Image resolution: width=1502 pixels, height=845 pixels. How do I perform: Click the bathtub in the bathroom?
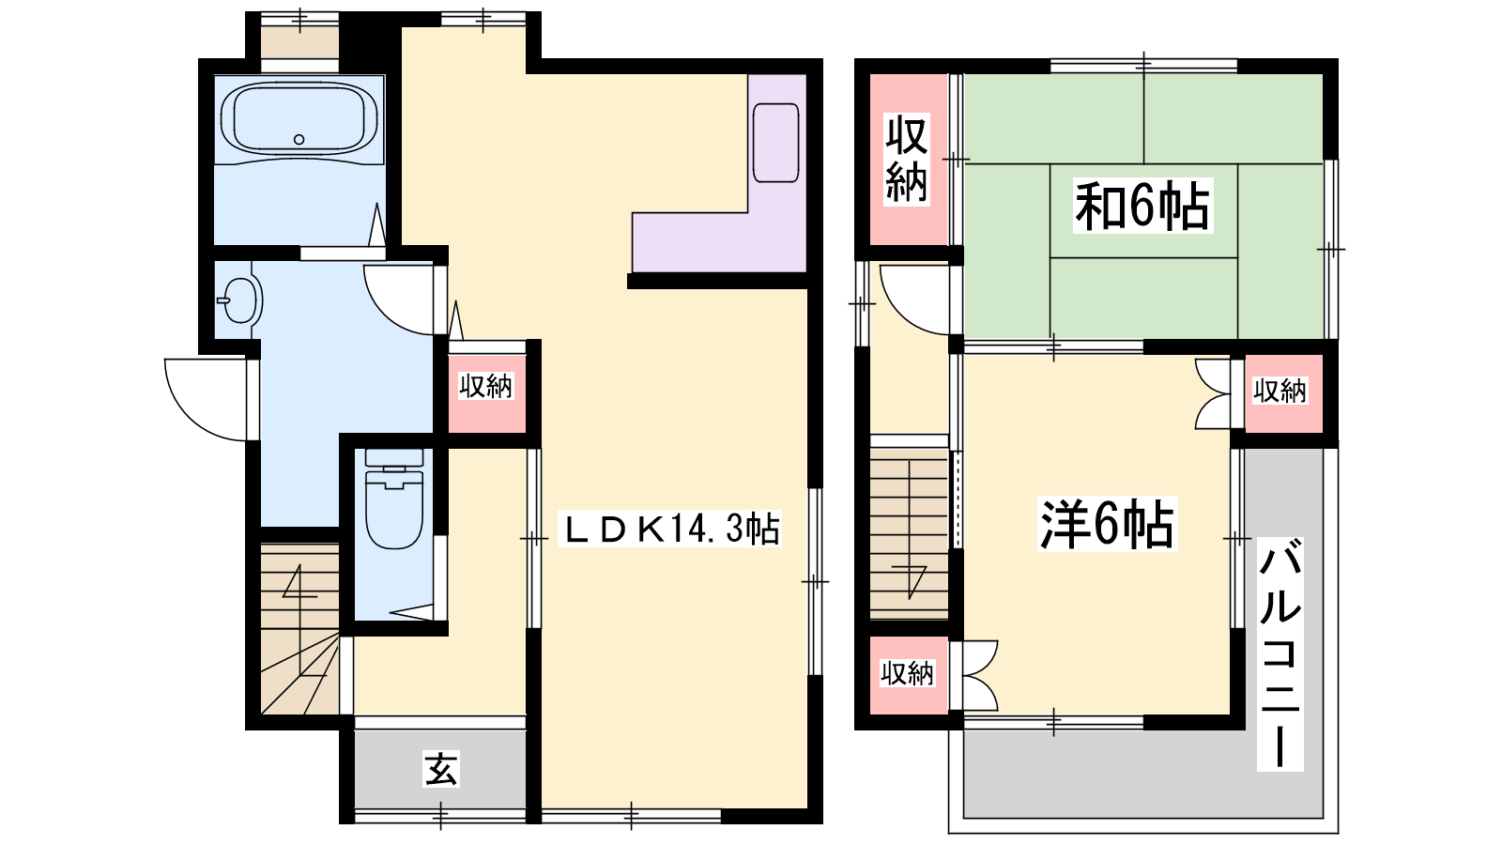pyautogui.click(x=299, y=119)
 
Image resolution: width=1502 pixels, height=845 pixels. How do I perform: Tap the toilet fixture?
pyautogui.click(x=394, y=499)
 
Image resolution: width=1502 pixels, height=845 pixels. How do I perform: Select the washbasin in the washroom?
pyautogui.click(x=240, y=300)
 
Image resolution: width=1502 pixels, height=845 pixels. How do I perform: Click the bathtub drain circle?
pyautogui.click(x=299, y=140)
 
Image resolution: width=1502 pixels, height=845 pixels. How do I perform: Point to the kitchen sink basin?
pyautogui.click(x=775, y=143)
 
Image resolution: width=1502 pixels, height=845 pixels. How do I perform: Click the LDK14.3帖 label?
pyautogui.click(x=670, y=530)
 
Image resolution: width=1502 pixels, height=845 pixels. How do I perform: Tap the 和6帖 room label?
pyautogui.click(x=1142, y=206)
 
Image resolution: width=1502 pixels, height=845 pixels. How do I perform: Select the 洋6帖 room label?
pyautogui.click(x=1107, y=524)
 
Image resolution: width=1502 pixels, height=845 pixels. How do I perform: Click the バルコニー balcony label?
pyautogui.click(x=1280, y=653)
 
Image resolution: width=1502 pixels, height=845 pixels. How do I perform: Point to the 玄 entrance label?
pyautogui.click(x=440, y=769)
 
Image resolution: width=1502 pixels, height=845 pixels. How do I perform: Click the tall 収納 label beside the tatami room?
pyautogui.click(x=907, y=159)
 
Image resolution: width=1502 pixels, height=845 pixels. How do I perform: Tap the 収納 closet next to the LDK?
pyautogui.click(x=486, y=386)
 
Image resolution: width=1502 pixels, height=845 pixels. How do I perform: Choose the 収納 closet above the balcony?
pyautogui.click(x=1280, y=391)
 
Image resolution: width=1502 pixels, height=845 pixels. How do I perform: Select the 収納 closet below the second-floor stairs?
pyautogui.click(x=907, y=673)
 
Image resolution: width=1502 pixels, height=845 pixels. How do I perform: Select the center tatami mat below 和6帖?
pyautogui.click(x=1143, y=298)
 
